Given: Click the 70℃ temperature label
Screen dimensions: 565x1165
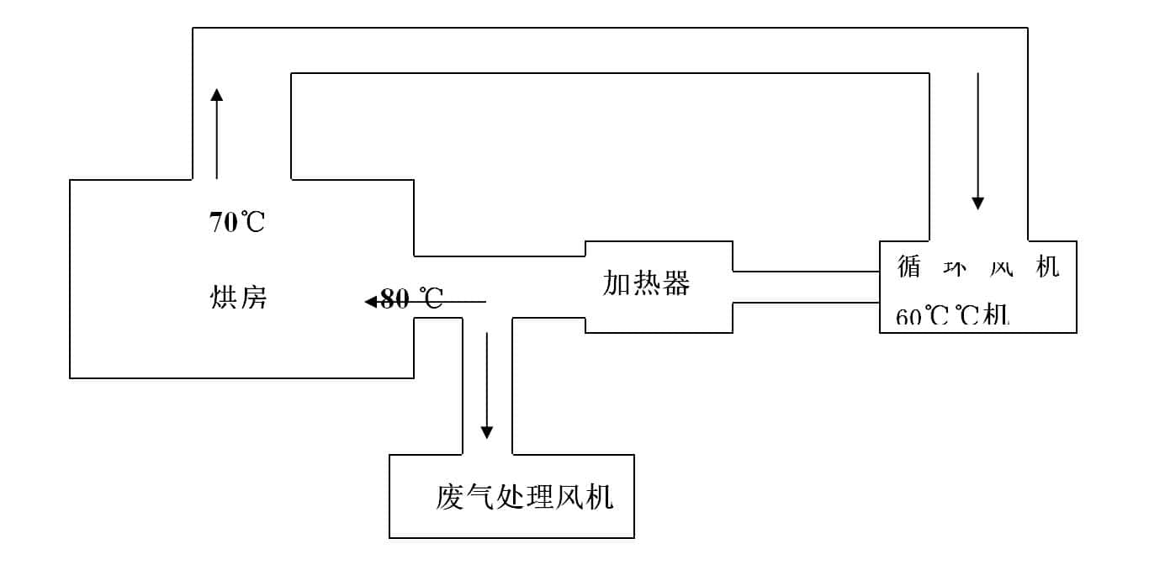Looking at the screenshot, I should (236, 223).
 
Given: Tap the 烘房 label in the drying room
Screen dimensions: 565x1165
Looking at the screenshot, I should (238, 297).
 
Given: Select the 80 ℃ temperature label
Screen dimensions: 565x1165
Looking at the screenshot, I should (411, 299).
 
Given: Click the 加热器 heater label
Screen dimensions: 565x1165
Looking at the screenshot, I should (646, 284).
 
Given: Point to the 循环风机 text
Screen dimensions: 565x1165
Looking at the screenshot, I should (977, 267).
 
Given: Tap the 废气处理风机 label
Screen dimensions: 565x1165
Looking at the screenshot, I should (525, 497).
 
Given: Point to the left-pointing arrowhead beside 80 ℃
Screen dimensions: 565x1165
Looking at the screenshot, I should (370, 301).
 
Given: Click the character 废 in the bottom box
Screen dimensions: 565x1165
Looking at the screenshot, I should (450, 497).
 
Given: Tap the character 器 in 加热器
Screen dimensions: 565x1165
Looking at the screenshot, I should (675, 284).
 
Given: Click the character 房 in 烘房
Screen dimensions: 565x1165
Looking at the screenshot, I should (253, 297).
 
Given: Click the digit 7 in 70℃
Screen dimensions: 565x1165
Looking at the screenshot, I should (216, 223).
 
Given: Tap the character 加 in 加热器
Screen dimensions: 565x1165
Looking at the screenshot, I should (617, 284).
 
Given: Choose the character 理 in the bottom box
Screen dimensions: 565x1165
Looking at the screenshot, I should (540, 497).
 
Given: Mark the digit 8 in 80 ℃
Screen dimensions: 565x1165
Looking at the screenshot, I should (389, 299).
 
